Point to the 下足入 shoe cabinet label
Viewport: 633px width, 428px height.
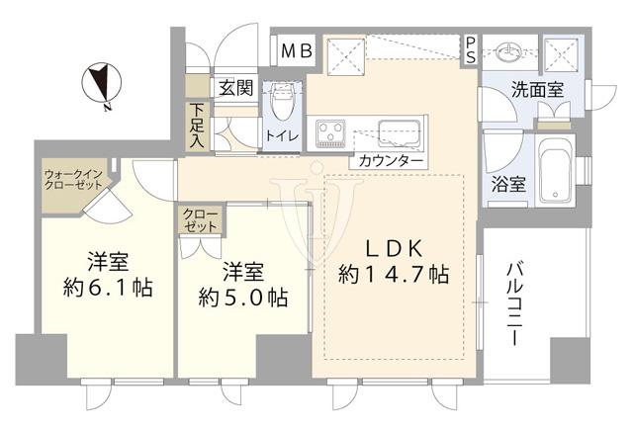tap(198, 127)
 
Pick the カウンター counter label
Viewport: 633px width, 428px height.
tap(392, 160)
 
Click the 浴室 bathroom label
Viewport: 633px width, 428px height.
tap(508, 185)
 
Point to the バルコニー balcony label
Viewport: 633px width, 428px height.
tap(514, 301)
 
